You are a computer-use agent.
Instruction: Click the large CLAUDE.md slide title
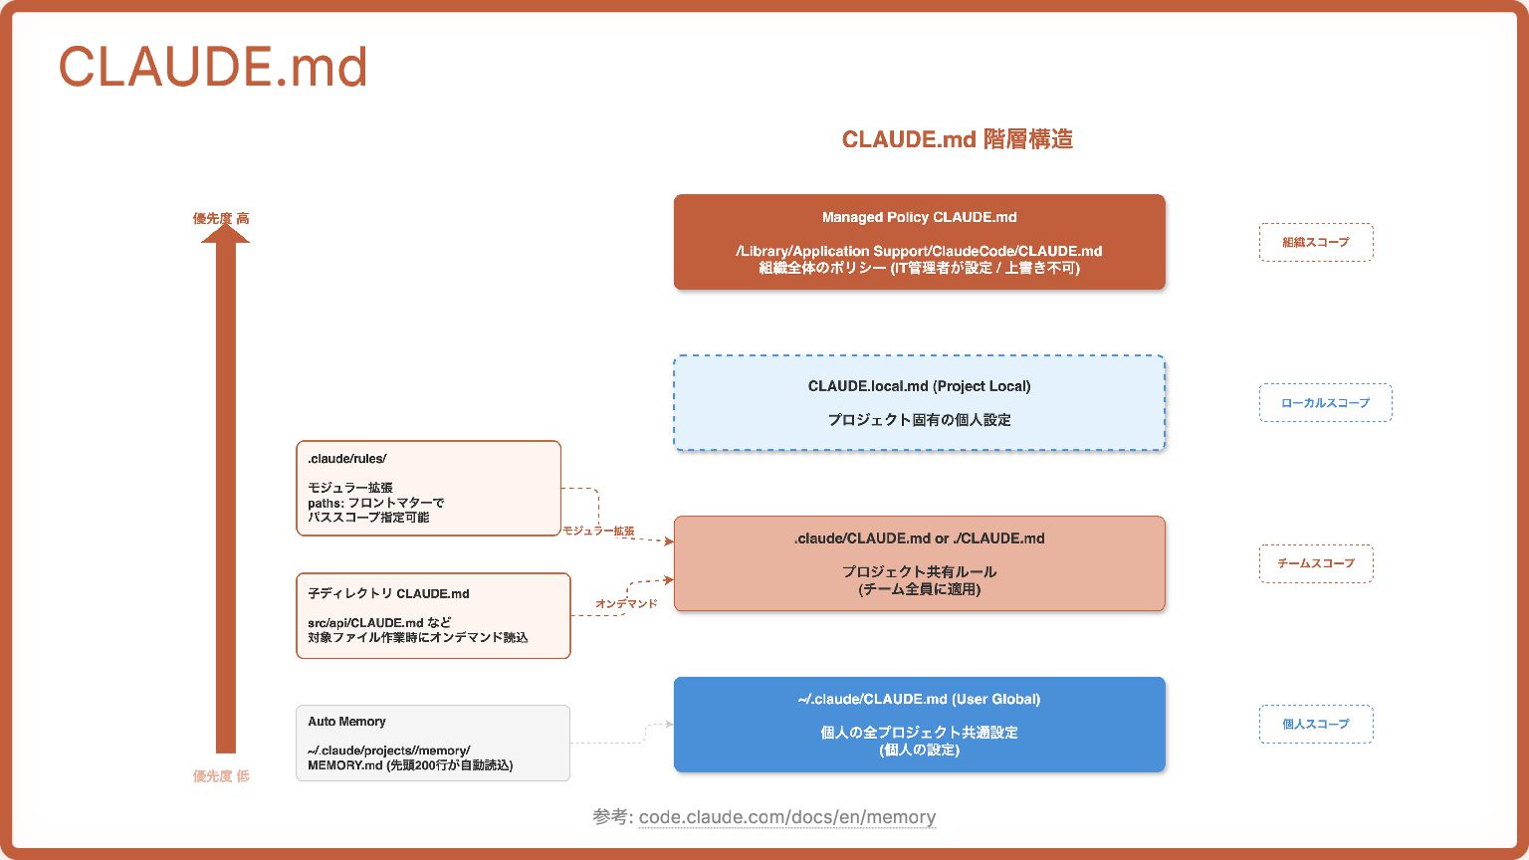tap(213, 68)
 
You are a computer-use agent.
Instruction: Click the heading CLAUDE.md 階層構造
tap(957, 139)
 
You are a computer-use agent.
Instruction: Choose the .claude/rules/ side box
tap(428, 488)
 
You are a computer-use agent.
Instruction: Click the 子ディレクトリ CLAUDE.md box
tap(433, 615)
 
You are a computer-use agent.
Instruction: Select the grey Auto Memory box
tap(433, 743)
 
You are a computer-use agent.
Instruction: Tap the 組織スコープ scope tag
tap(1315, 242)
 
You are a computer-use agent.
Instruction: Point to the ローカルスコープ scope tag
tap(1325, 403)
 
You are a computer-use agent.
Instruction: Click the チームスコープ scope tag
tap(1315, 563)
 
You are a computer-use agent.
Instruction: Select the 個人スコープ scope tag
tap(1315, 724)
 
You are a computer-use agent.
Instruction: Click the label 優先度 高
tap(221, 218)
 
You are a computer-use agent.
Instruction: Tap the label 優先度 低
tap(221, 776)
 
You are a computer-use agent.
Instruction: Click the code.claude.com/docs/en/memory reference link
tap(786, 817)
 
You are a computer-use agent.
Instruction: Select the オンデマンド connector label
tap(626, 604)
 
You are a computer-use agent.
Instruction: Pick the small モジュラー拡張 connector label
tap(598, 532)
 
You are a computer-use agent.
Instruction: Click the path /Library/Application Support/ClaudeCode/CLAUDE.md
tap(919, 251)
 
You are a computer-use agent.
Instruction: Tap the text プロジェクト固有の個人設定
tap(919, 420)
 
